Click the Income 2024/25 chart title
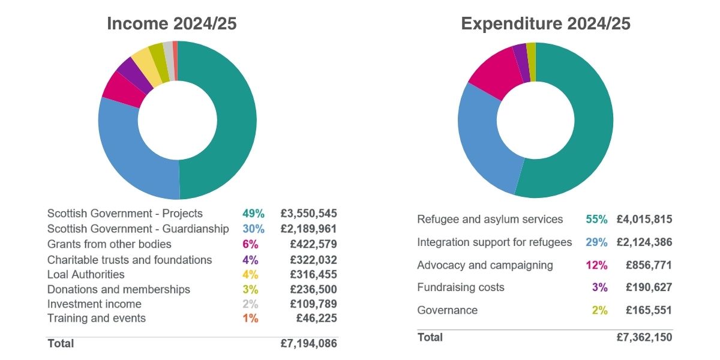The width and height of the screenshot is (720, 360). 172,23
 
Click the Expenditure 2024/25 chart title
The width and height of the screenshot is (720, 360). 545,23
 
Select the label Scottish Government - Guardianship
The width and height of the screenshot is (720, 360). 138,229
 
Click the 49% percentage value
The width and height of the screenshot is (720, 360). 253,214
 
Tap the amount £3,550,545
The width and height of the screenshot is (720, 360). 308,214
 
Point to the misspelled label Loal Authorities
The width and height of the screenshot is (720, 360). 86,274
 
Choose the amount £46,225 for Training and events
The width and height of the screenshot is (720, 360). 316,319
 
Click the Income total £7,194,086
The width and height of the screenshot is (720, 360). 308,344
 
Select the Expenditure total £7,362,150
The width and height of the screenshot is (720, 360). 644,337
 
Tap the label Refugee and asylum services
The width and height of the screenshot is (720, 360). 490,219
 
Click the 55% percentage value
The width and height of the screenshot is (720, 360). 596,220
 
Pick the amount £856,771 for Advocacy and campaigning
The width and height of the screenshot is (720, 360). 649,265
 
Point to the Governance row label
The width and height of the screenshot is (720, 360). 447,310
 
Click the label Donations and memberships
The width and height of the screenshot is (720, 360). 119,289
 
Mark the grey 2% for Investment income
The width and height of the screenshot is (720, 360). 250,304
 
